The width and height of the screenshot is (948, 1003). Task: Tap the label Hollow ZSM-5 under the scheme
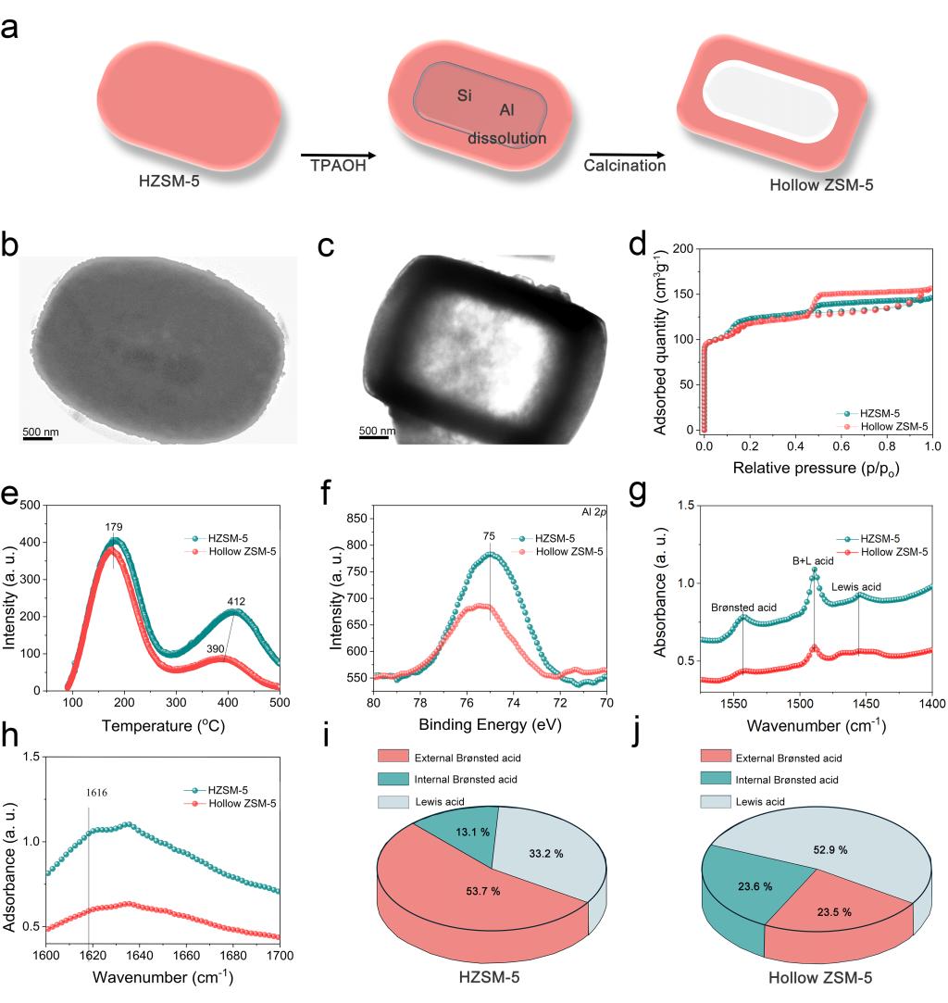[x=821, y=185]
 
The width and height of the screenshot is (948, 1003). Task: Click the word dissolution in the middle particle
[x=507, y=138]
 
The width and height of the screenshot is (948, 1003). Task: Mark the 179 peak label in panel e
[x=113, y=528]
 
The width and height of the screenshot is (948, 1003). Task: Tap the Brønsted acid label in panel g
[x=742, y=608]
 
